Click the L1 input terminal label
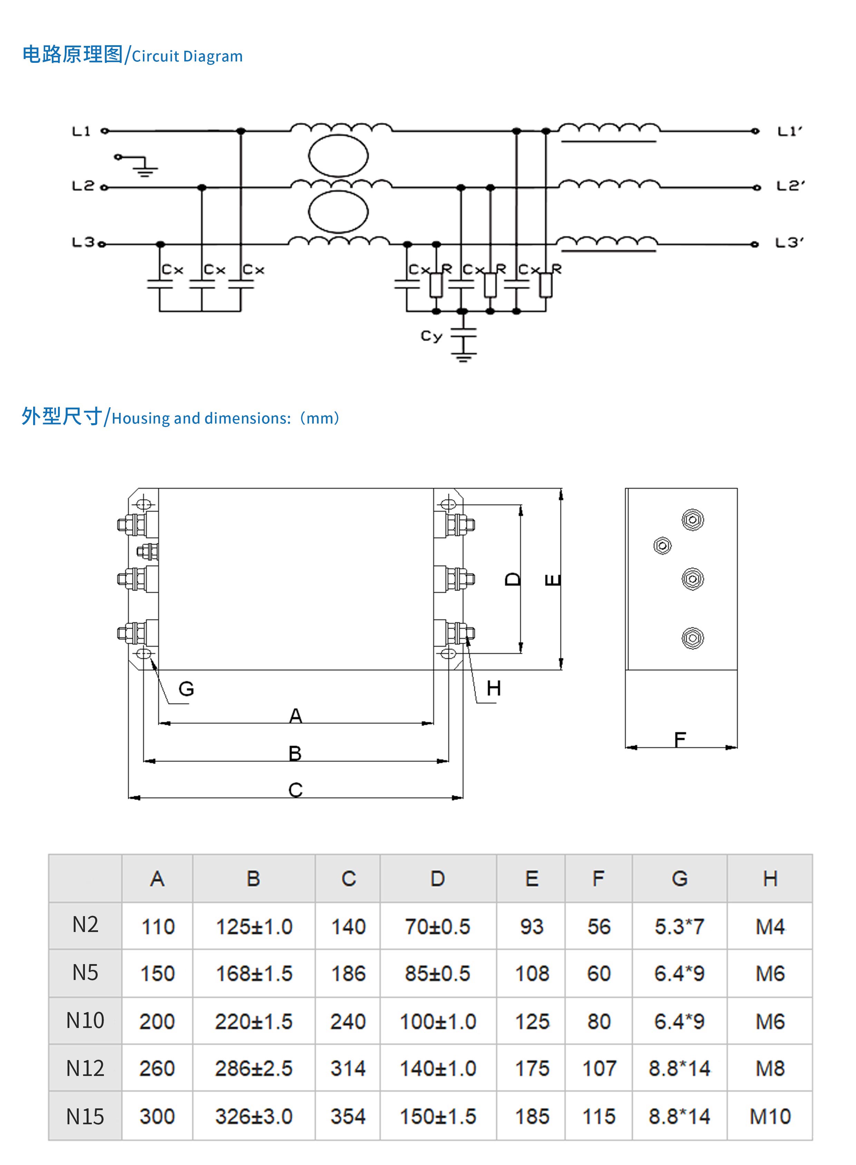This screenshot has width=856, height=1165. [x=81, y=131]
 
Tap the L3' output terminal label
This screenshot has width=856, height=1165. [x=789, y=243]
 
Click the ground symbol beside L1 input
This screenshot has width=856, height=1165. [x=144, y=168]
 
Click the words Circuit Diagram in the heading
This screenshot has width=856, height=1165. [x=187, y=56]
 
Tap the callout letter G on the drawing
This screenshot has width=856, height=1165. [x=186, y=689]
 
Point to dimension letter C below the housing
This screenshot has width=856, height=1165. [x=295, y=790]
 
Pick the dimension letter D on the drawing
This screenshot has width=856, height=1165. [x=513, y=579]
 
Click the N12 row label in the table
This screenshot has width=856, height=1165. [x=86, y=1068]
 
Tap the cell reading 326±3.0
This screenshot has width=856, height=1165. [x=254, y=1116]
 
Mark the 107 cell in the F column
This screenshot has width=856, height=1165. [x=599, y=1068]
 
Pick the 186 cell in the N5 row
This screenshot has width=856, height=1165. [x=348, y=974]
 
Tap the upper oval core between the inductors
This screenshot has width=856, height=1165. [x=338, y=155]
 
